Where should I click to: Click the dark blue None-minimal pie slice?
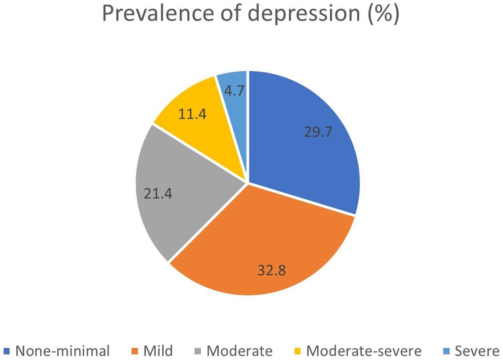coord(302,151)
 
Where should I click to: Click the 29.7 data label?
coord(317,132)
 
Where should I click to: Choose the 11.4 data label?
coord(192,114)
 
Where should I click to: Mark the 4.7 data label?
coord(234,91)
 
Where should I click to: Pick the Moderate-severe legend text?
coord(363,350)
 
